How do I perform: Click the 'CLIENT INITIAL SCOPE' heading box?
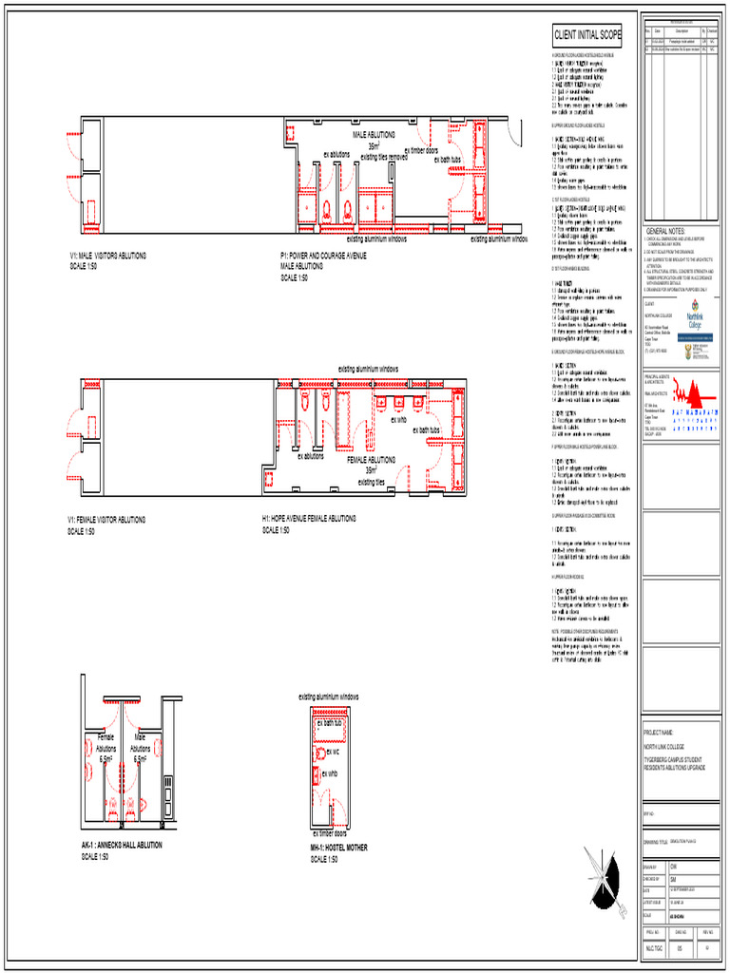587,36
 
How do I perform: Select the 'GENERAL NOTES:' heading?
666,231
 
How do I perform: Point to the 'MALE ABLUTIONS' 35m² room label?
374,141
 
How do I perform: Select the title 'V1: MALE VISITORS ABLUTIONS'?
106,256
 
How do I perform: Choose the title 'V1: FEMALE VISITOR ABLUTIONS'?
106,520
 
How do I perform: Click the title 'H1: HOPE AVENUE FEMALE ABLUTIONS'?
309,519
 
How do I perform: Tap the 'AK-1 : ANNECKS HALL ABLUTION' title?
122,845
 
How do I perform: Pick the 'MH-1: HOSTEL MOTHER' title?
338,847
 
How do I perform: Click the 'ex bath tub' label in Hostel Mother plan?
332,723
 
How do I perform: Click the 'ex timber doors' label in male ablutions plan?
421,150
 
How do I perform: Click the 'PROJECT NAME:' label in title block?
658,733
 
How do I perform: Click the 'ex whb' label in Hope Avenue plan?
398,419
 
